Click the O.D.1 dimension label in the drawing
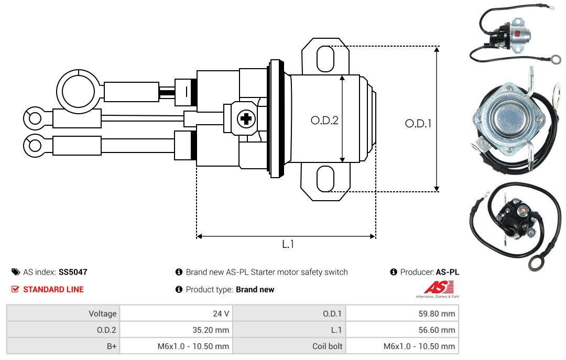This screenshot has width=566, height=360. (x=418, y=124)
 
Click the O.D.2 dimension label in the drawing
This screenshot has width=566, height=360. (x=324, y=120)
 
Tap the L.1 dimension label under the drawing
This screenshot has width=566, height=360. (x=288, y=244)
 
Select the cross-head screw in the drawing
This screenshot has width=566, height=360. (x=245, y=119)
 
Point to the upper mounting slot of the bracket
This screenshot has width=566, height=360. (x=325, y=58)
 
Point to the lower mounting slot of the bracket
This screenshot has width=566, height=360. (x=325, y=179)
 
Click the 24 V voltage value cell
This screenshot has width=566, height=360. (x=176, y=313)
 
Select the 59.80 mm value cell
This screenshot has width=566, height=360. (x=402, y=313)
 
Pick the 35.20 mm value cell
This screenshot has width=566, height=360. (x=176, y=330)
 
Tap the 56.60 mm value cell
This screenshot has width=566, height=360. (x=402, y=330)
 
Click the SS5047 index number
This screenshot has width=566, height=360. (x=73, y=272)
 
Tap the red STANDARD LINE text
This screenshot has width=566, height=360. (x=53, y=289)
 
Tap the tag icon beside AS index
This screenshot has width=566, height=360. (x=16, y=272)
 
